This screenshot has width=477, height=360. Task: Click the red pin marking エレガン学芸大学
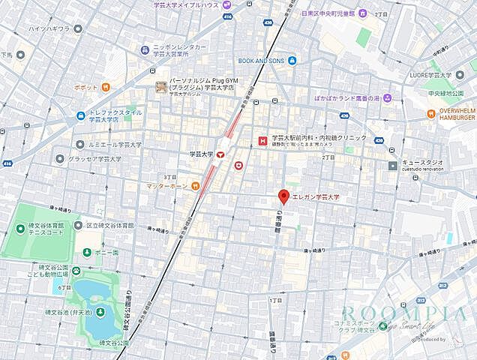(x=283, y=197)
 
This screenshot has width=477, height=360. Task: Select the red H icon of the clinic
(x=262, y=139)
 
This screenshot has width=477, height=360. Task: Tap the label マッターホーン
(x=166, y=184)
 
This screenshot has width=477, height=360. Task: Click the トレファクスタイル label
(x=109, y=115)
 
